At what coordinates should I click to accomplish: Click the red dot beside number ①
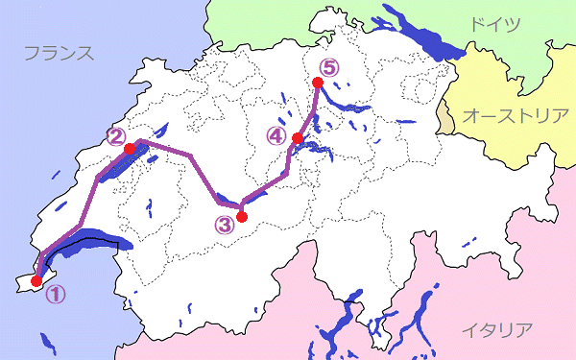[x=36, y=281]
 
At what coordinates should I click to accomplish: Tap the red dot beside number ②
[x=129, y=150]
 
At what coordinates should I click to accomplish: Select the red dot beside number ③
[x=242, y=217]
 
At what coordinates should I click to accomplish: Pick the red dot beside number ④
[x=298, y=139]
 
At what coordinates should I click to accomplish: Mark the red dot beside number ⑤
[x=318, y=83]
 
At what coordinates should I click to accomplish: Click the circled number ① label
[x=55, y=295]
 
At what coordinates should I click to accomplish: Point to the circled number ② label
[x=116, y=136]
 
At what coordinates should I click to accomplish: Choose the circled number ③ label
[x=225, y=227]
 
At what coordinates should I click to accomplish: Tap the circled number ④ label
[x=276, y=136]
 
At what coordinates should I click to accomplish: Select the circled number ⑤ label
[x=329, y=68]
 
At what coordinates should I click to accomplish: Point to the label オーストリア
[x=516, y=116]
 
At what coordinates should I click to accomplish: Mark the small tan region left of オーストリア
[x=445, y=120]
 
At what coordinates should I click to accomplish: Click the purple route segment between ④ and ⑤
[x=308, y=110]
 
